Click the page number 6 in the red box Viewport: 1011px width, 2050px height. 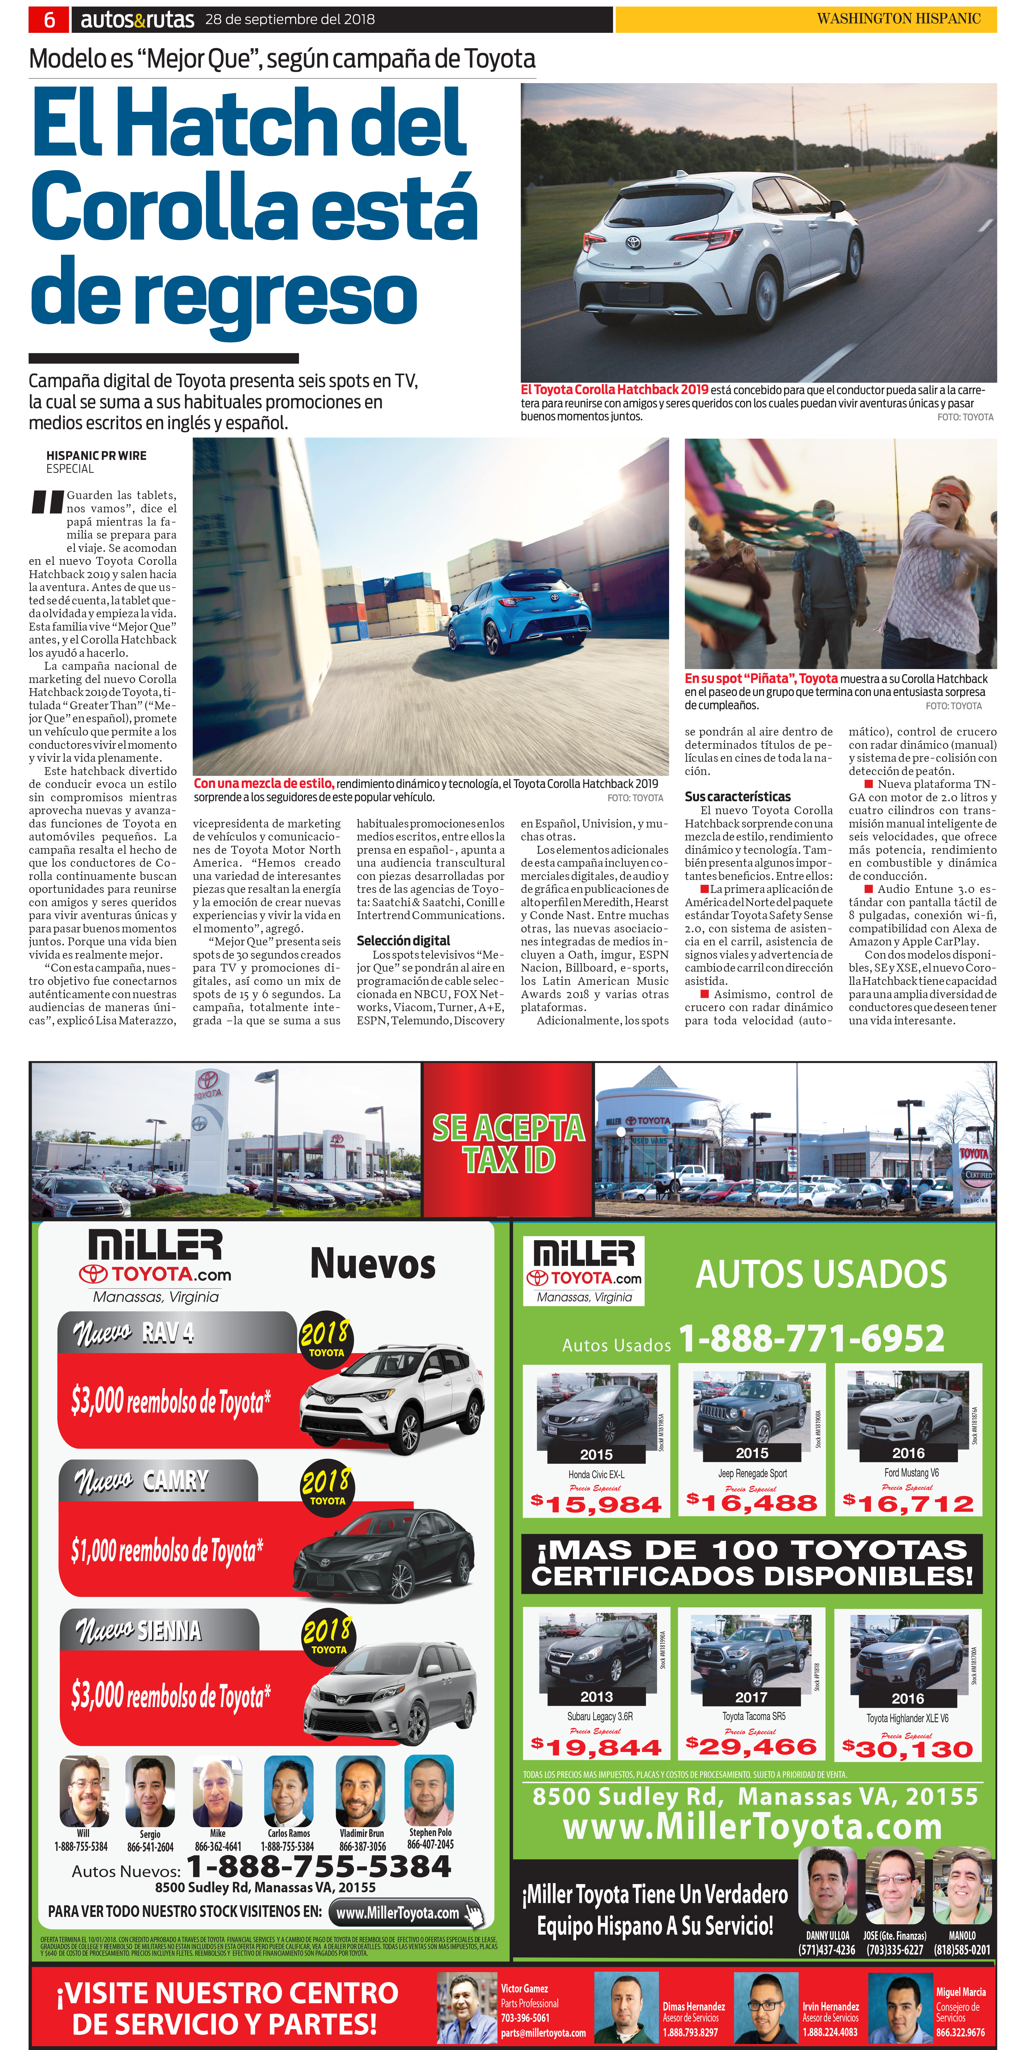click(49, 19)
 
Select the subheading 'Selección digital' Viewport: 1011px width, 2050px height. click(403, 941)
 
